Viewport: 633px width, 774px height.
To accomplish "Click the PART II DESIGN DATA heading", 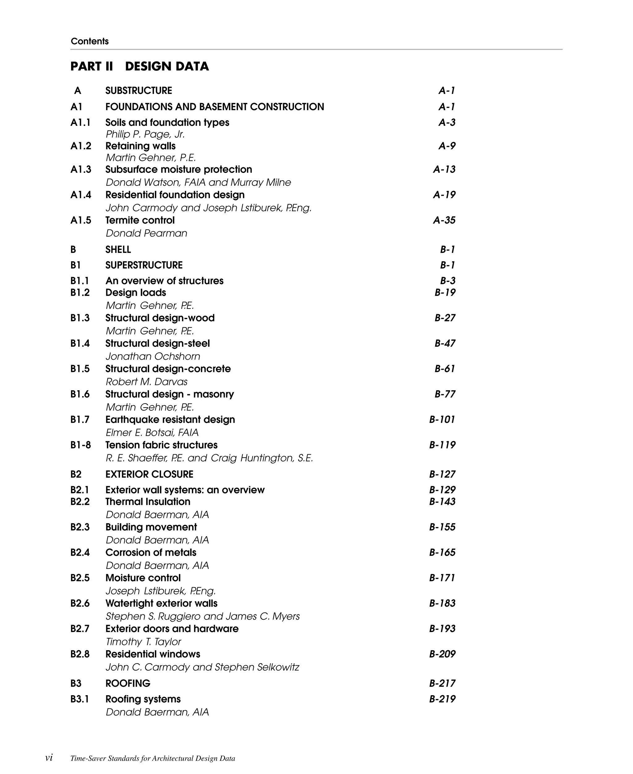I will (x=140, y=66).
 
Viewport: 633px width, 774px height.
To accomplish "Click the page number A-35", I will (x=444, y=220).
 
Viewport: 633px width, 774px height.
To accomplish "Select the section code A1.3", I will (x=81, y=169).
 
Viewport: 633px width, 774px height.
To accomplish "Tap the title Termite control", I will (x=140, y=220).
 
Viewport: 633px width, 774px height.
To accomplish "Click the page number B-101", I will (x=442, y=420).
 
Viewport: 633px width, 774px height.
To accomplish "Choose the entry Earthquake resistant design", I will (x=170, y=420).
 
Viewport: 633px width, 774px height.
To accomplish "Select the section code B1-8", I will (x=81, y=445).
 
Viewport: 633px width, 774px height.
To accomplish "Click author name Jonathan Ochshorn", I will (x=153, y=356).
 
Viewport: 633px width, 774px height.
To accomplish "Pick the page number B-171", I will (x=442, y=578).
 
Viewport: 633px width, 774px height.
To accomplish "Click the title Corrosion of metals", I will (x=151, y=553).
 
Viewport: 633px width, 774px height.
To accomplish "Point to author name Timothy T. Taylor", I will (x=143, y=642).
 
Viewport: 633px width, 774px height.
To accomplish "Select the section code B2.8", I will (x=80, y=654).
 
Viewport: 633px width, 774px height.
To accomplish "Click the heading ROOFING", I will (x=128, y=683).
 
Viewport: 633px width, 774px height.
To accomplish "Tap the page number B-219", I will (x=442, y=699).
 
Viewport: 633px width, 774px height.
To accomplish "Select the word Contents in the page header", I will (x=90, y=41).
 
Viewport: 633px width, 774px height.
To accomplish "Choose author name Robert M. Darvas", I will (x=146, y=382).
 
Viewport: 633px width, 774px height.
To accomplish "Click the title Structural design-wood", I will (x=160, y=318).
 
